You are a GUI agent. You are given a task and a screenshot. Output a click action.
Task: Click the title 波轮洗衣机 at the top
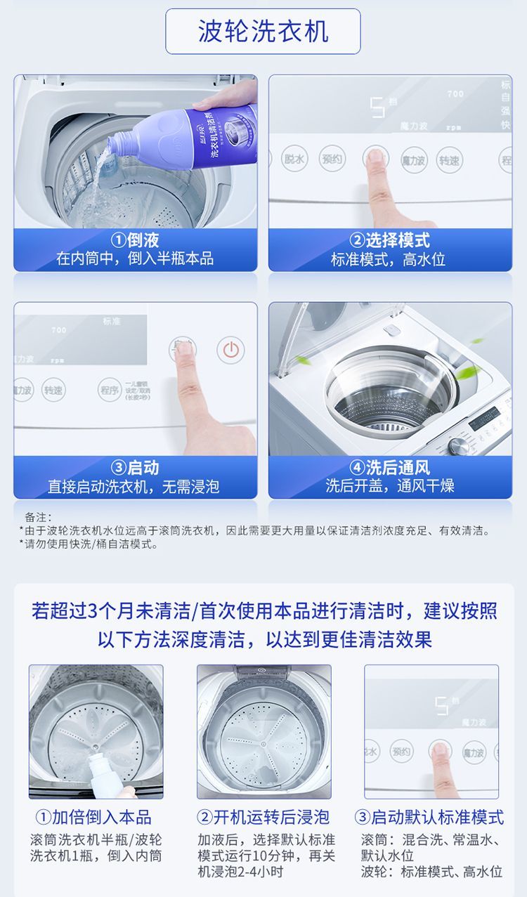263,32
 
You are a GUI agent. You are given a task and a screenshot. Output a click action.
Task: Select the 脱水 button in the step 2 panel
294,159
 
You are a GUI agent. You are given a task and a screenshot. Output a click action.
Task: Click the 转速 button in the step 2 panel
449,160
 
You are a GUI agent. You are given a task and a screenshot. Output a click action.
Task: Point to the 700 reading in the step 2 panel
455,93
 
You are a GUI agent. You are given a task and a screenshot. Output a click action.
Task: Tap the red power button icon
230,350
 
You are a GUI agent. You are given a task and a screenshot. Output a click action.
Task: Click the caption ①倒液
135,241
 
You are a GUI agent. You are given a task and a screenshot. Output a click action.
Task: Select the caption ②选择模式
390,241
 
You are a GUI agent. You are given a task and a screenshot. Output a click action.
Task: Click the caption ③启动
135,467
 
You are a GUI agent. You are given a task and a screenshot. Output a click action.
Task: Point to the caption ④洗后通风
390,467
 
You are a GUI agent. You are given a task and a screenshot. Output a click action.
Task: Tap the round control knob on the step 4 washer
458,445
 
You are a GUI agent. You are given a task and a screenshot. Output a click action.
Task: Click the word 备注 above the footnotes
39,517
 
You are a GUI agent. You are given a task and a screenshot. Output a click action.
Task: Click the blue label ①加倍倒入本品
93,817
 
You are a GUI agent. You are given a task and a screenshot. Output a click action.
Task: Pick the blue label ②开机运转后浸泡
263,817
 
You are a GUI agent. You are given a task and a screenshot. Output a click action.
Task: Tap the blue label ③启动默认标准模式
429,817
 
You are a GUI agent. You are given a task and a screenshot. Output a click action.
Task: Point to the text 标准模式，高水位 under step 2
390,259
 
